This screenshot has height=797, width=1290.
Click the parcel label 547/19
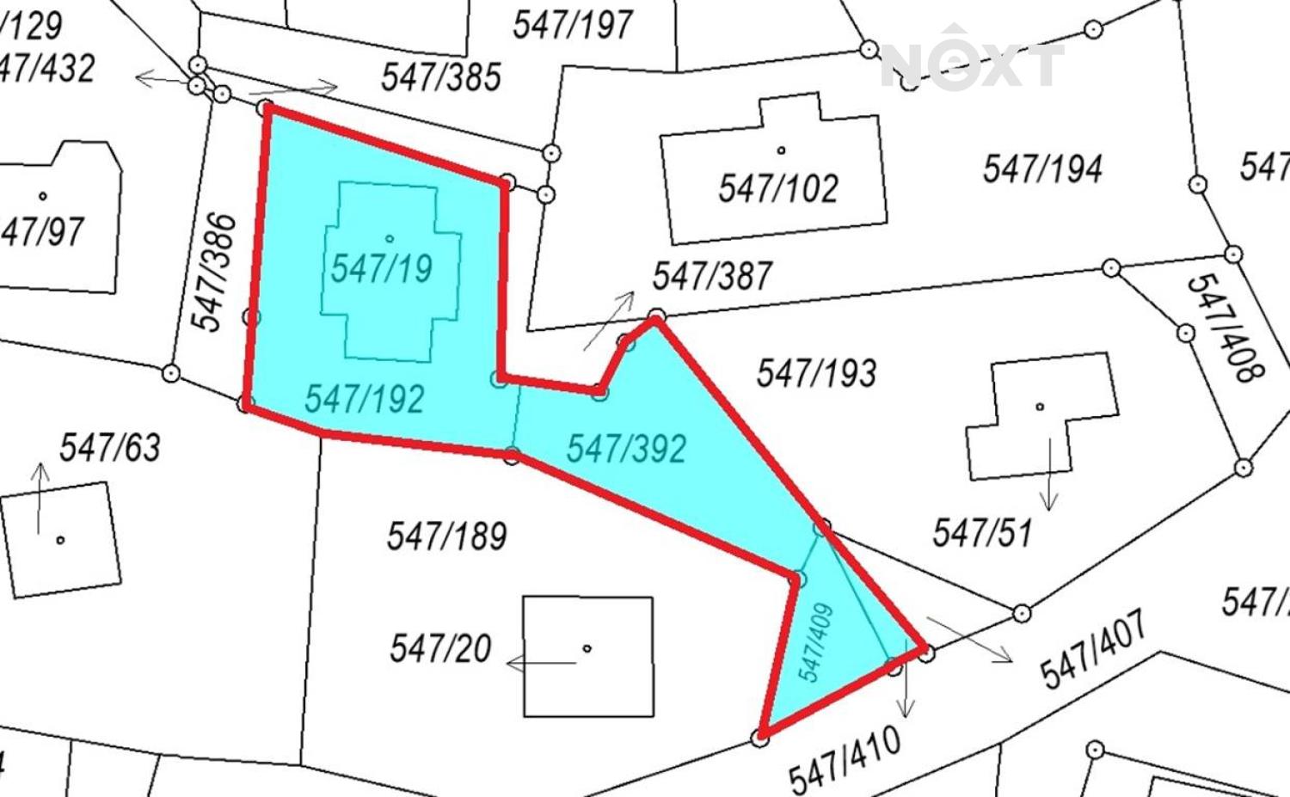382,269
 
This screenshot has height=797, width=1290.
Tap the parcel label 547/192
365,399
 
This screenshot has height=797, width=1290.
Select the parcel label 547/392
626,448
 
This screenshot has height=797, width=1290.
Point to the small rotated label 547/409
817,642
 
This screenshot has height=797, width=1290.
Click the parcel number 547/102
778,187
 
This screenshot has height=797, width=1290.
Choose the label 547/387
712,276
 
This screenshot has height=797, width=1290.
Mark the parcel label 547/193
816,373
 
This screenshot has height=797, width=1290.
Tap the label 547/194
1042,169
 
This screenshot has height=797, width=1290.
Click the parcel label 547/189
446,536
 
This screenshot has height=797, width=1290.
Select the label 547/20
440,647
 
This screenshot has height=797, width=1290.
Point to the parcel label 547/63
110,447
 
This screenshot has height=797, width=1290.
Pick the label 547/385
441,77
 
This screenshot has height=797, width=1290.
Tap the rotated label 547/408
1225,328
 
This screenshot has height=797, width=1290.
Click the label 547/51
982,533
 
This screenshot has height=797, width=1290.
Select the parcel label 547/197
573,24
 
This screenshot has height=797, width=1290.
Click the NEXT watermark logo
972,62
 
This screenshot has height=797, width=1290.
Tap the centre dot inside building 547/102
781,150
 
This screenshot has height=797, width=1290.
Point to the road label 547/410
845,760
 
